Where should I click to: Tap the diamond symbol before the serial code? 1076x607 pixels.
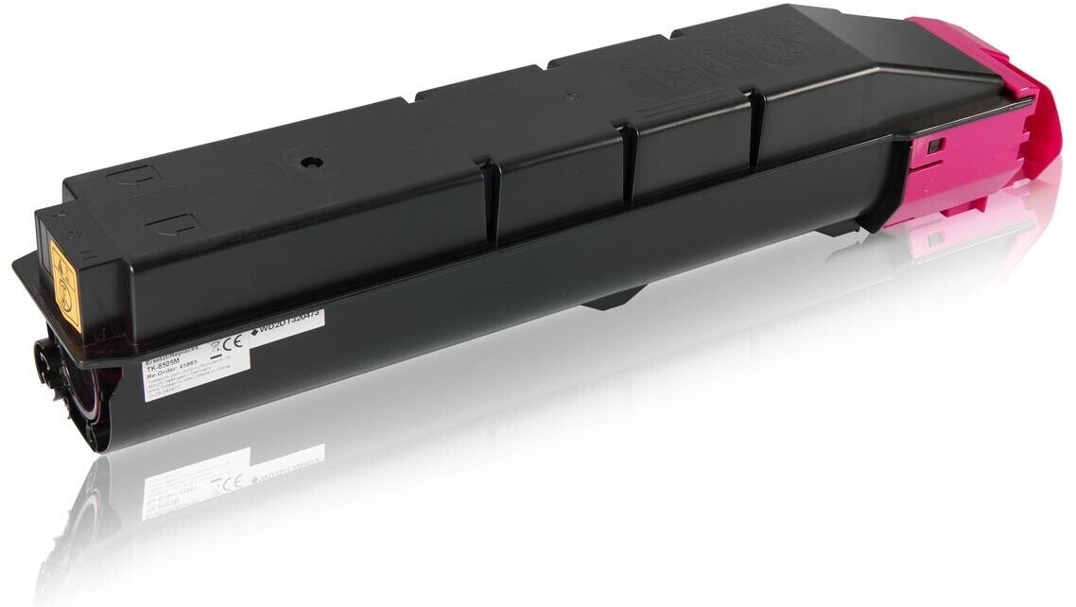(x=255, y=331)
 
